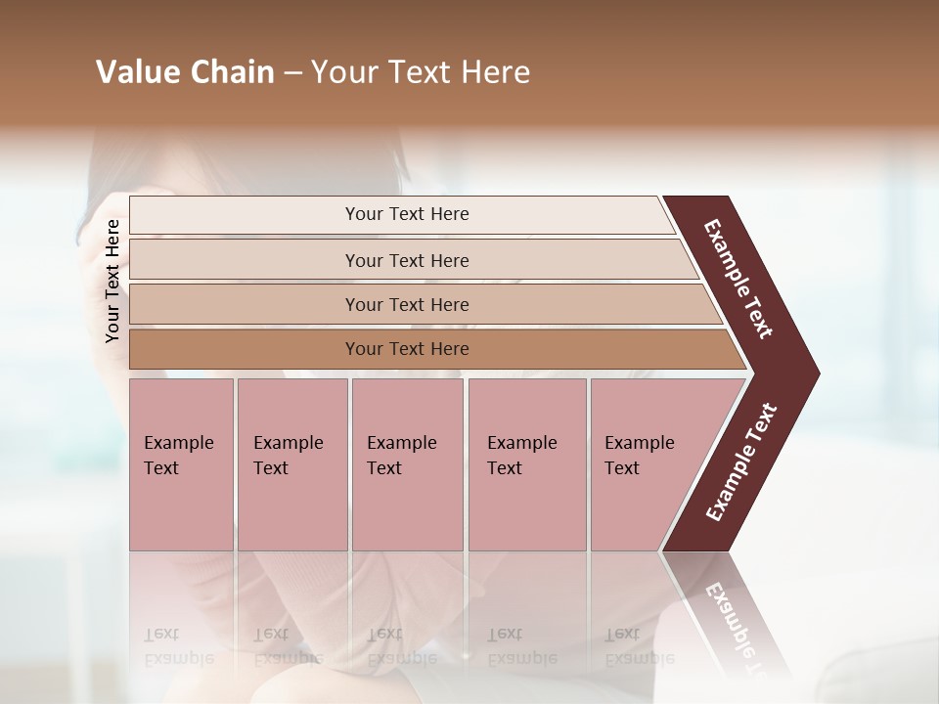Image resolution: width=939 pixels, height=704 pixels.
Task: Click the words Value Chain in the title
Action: point(185,72)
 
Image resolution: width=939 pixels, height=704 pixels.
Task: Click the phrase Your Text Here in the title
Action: point(421,72)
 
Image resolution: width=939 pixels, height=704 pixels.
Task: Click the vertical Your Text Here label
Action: point(112,281)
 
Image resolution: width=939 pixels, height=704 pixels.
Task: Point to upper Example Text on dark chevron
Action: point(738,279)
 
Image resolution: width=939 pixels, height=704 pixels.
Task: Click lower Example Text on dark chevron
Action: point(741,462)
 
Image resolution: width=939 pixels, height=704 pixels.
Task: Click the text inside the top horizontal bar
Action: point(407,214)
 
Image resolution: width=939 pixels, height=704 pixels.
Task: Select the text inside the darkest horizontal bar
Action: point(407,349)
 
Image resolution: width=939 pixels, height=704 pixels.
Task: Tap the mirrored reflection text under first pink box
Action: point(179,645)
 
